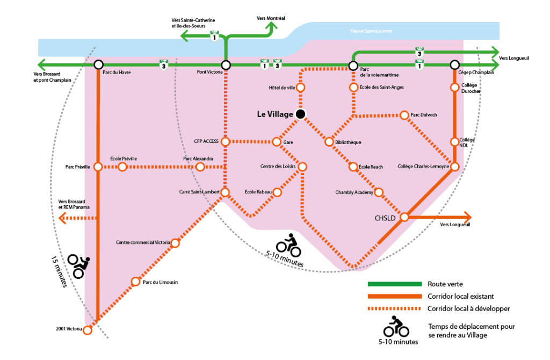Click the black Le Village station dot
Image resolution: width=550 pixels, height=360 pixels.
[x=301, y=114]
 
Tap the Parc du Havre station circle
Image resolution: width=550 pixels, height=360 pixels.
[x=98, y=65]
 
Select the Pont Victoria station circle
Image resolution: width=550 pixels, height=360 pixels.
[x=226, y=65]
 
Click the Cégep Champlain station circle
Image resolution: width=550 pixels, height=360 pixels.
[x=454, y=65]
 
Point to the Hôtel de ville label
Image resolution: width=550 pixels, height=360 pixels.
[x=282, y=87]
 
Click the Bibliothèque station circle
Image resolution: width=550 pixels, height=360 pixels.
[x=328, y=142]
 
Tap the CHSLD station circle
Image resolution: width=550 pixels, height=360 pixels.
[x=404, y=217]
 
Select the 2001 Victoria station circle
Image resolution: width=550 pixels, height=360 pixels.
[x=88, y=330]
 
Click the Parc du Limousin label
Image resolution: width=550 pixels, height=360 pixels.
[x=161, y=282]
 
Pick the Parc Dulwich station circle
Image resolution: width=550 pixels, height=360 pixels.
[x=404, y=115]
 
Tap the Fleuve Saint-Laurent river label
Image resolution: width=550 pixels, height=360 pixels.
[x=371, y=31]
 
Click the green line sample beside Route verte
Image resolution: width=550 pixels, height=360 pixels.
[x=394, y=284]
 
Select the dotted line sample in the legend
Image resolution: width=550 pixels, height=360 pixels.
[x=394, y=308]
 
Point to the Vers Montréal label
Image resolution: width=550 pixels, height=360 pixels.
[x=271, y=18]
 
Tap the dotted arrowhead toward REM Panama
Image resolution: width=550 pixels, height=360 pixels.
[x=63, y=218]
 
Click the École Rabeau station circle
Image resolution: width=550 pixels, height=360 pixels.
[x=277, y=192]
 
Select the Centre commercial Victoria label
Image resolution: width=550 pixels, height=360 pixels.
[x=143, y=243]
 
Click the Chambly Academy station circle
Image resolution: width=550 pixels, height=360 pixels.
[x=378, y=192]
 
